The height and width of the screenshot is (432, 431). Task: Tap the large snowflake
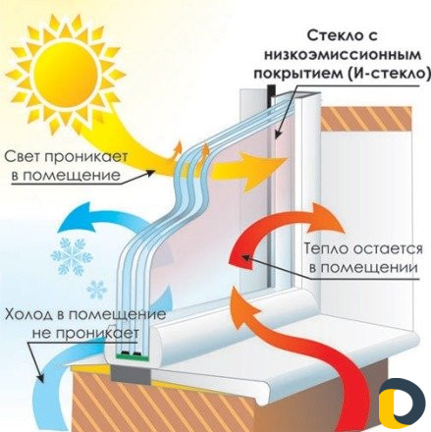pos(71,257)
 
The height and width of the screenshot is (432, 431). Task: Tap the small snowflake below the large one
pos(96,290)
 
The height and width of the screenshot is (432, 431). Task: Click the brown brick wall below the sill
pos(147,407)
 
